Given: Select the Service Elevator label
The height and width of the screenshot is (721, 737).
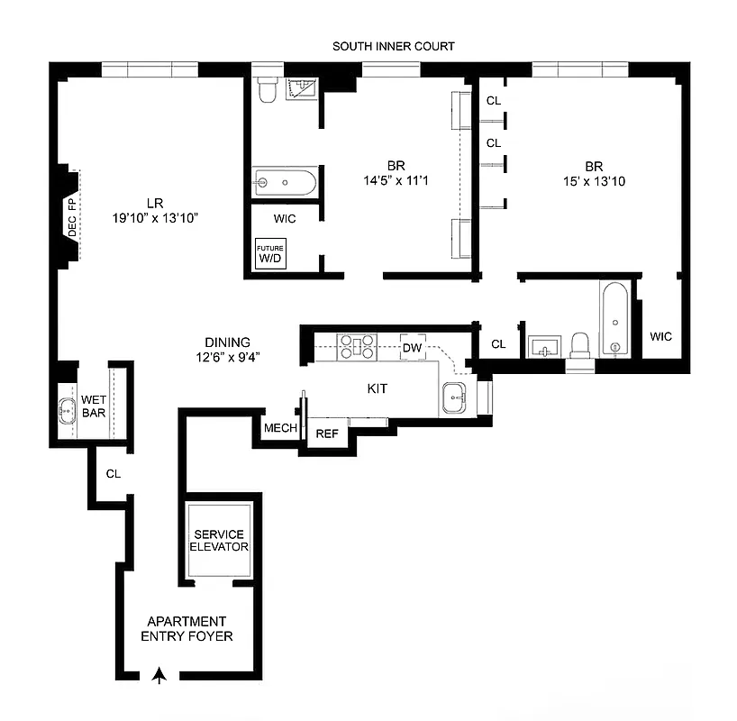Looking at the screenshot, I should [x=220, y=541].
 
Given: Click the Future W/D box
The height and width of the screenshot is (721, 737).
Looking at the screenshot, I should [x=270, y=254].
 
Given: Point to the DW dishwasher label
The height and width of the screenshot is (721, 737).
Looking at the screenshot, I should [x=412, y=347].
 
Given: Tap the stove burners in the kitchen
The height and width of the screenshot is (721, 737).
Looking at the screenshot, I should [x=356, y=345].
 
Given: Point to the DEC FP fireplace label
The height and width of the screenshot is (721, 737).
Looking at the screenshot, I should [x=72, y=217].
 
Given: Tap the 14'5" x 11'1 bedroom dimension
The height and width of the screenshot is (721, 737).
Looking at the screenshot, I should [x=396, y=181].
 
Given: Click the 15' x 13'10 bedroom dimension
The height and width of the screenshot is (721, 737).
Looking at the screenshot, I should [x=593, y=181].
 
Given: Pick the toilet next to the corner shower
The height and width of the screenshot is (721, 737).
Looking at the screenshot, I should [x=267, y=91].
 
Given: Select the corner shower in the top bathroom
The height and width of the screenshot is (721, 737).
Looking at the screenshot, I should [x=302, y=89].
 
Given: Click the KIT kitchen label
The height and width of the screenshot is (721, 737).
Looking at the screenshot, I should [x=378, y=388].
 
